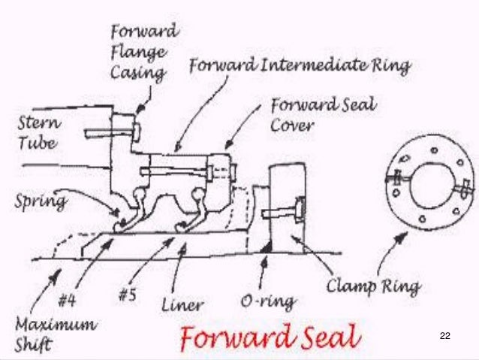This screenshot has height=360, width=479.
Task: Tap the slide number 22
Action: [x=444, y=334]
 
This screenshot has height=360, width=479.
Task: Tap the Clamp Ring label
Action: [x=373, y=286]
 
